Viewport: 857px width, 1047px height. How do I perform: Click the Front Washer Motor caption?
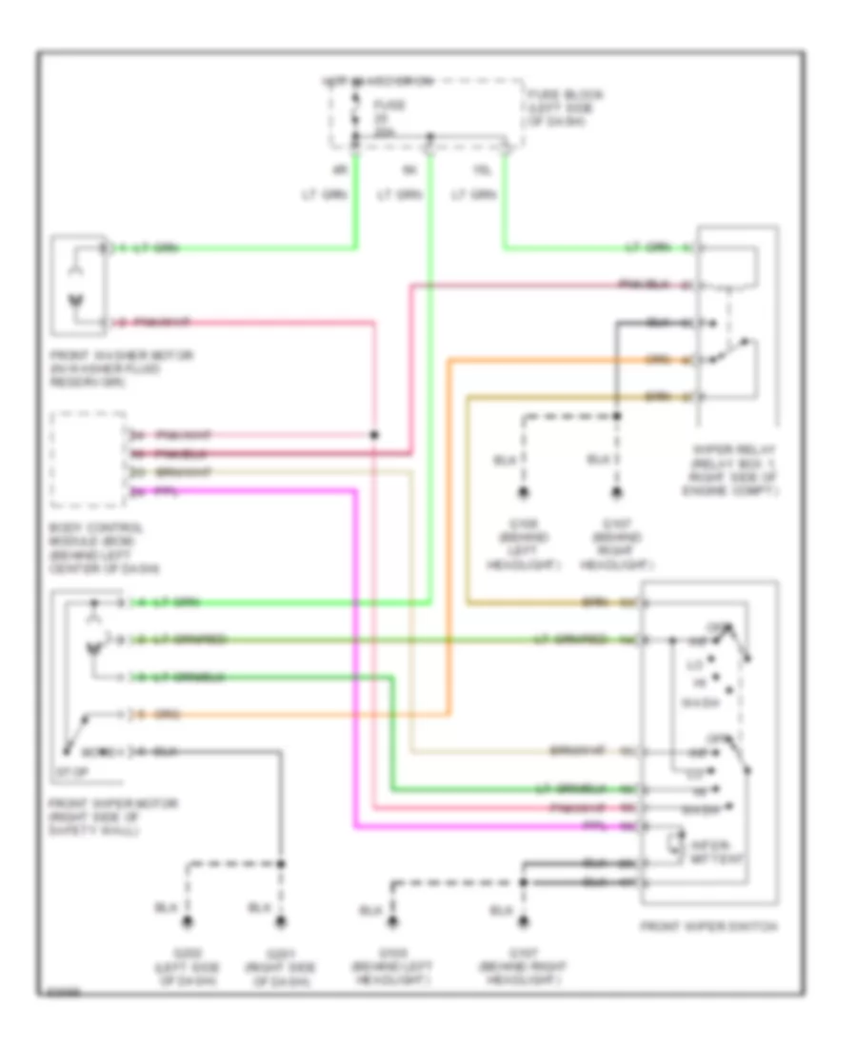123,365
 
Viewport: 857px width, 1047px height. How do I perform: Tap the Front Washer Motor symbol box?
80,286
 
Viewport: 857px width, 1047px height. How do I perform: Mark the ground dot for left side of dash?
189,922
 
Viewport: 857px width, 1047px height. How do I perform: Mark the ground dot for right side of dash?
281,922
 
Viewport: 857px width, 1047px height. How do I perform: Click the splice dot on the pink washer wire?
373,435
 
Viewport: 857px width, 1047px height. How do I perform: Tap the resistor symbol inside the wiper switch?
675,841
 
